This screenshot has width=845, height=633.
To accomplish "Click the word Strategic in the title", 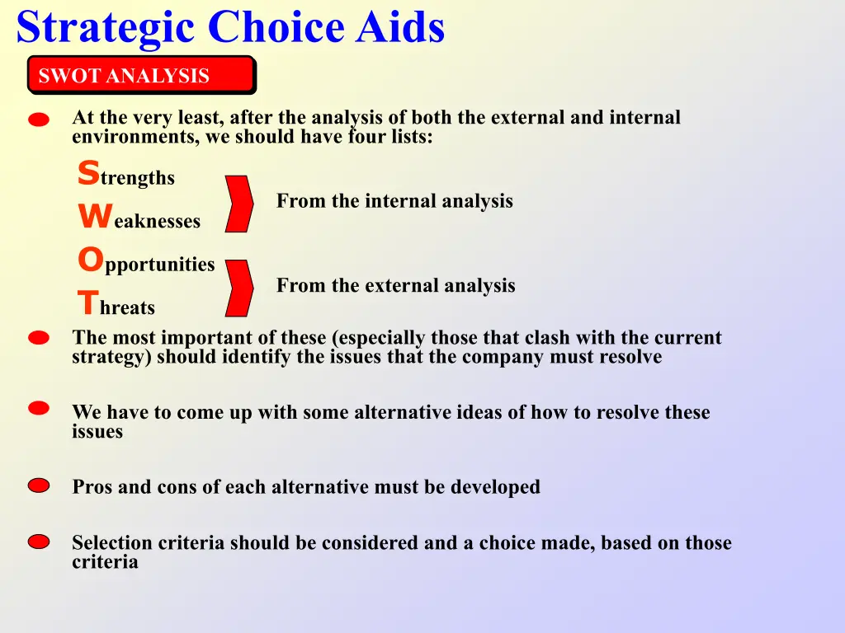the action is [x=106, y=28].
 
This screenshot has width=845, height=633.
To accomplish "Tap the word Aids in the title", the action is [x=400, y=27].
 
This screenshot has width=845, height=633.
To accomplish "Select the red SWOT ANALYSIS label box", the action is [x=142, y=75].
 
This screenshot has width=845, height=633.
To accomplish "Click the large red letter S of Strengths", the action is [x=88, y=172].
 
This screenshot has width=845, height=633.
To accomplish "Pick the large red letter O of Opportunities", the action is [x=91, y=259].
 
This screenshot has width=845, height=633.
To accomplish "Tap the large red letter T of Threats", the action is [x=88, y=302].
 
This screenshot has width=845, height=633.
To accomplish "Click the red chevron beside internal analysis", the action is [x=238, y=204].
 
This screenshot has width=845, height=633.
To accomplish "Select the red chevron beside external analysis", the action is [x=238, y=288].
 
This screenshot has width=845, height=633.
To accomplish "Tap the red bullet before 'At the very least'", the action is [x=39, y=120].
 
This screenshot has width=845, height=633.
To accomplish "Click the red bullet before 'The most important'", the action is [x=39, y=337].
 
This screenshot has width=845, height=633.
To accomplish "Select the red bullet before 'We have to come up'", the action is [x=39, y=408].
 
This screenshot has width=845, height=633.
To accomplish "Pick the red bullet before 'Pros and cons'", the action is [x=39, y=485].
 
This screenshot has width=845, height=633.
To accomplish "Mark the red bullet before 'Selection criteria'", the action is [x=39, y=542].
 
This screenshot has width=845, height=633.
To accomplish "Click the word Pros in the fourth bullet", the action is [x=92, y=486].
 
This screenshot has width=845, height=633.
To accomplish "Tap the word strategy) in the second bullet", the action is [x=111, y=358].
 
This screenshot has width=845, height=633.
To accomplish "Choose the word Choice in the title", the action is [x=276, y=27].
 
